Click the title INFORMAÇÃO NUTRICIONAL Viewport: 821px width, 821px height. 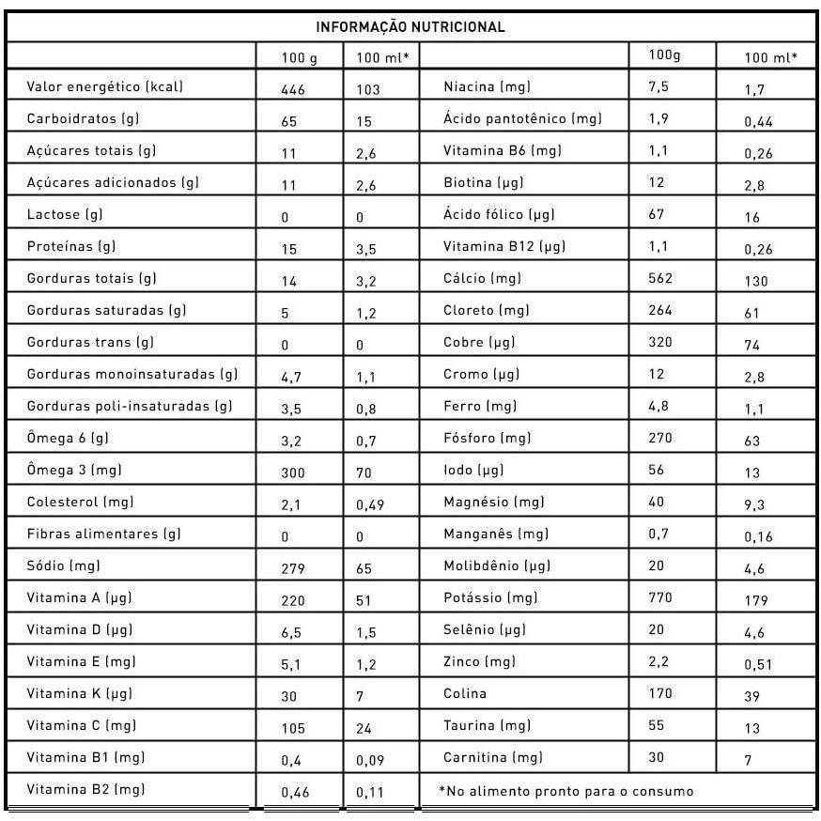(410, 26)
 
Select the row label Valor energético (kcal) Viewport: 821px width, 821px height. (105, 87)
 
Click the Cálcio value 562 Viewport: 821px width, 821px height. (661, 278)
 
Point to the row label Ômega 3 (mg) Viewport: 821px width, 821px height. (75, 470)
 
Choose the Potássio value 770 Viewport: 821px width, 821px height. (661, 597)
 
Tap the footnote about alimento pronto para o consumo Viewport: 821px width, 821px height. (565, 791)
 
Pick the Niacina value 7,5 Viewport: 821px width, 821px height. (658, 86)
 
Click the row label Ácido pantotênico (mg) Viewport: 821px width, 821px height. (522, 119)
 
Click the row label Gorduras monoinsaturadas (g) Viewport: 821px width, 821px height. (132, 375)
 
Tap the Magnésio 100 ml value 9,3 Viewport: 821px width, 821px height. (754, 505)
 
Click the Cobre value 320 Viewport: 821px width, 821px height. (661, 342)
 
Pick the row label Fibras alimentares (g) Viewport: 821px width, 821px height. (104, 534)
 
